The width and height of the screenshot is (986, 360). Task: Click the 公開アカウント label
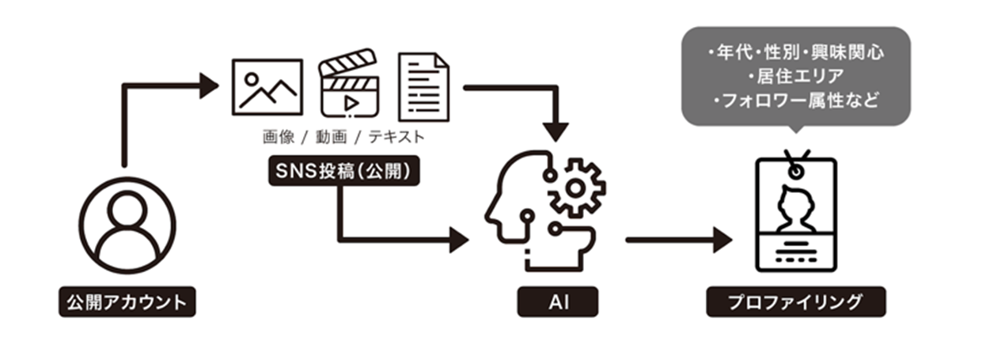coord(127,302)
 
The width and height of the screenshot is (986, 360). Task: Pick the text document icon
coord(423,87)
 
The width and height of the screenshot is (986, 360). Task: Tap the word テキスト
coord(397,137)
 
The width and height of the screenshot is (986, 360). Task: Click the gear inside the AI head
coord(577,188)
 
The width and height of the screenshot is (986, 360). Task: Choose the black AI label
coord(558,302)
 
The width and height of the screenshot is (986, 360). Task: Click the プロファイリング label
coord(795,302)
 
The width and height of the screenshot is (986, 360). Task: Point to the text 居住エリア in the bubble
coord(796,78)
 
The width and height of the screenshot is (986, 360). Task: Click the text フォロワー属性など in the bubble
coord(796,101)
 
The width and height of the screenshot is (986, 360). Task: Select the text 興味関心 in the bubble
coord(854,55)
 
